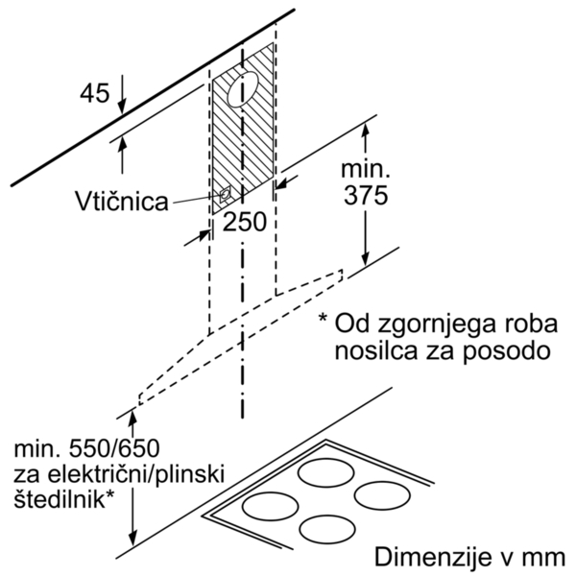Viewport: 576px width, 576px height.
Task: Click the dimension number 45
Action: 95,92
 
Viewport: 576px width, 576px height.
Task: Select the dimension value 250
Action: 244,222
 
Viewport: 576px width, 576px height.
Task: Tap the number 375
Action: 366,195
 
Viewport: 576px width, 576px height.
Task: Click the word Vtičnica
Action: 122,201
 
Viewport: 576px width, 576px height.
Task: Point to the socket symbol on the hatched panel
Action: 225,194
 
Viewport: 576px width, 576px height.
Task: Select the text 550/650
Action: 114,448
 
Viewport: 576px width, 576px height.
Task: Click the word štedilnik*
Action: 63,498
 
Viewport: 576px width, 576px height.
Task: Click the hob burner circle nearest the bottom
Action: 327,530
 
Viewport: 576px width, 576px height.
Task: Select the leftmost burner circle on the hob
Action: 270,506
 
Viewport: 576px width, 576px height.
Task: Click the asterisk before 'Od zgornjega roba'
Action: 323,317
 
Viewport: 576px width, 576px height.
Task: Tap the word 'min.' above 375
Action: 366,169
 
